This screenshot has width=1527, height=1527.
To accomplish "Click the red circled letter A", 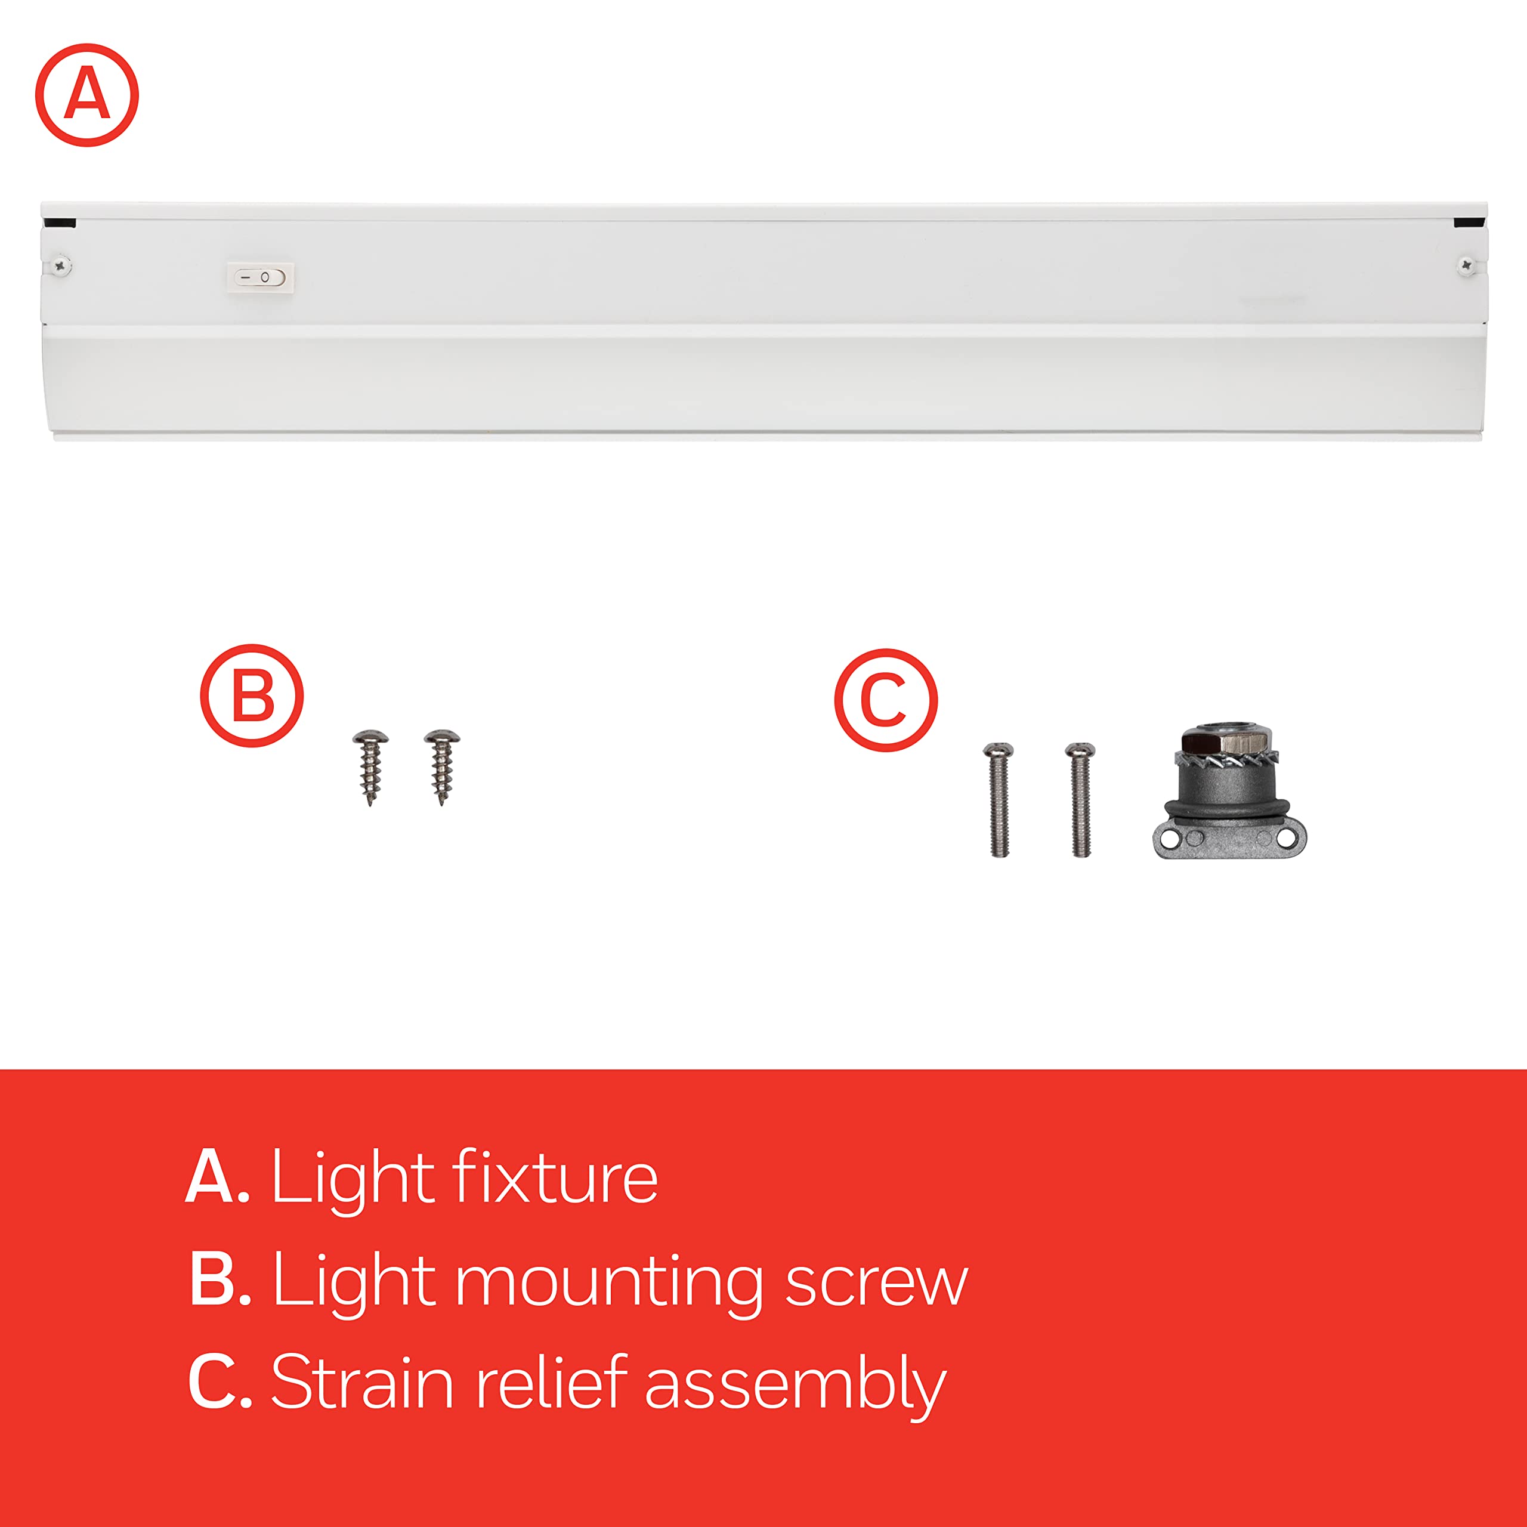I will (x=87, y=95).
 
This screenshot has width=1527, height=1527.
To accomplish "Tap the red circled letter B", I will (x=251, y=696).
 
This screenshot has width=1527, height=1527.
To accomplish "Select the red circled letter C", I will (x=885, y=700).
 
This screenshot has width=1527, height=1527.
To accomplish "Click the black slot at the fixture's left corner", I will (x=61, y=224).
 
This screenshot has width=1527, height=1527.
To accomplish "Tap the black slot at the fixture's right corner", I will (x=1469, y=224).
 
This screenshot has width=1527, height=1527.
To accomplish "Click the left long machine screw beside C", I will (x=999, y=798).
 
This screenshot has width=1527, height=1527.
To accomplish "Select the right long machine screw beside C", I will (x=1080, y=798).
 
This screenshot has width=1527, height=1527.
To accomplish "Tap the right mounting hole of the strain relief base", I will (x=1287, y=839).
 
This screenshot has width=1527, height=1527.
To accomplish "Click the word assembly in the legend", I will (x=795, y=1384).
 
